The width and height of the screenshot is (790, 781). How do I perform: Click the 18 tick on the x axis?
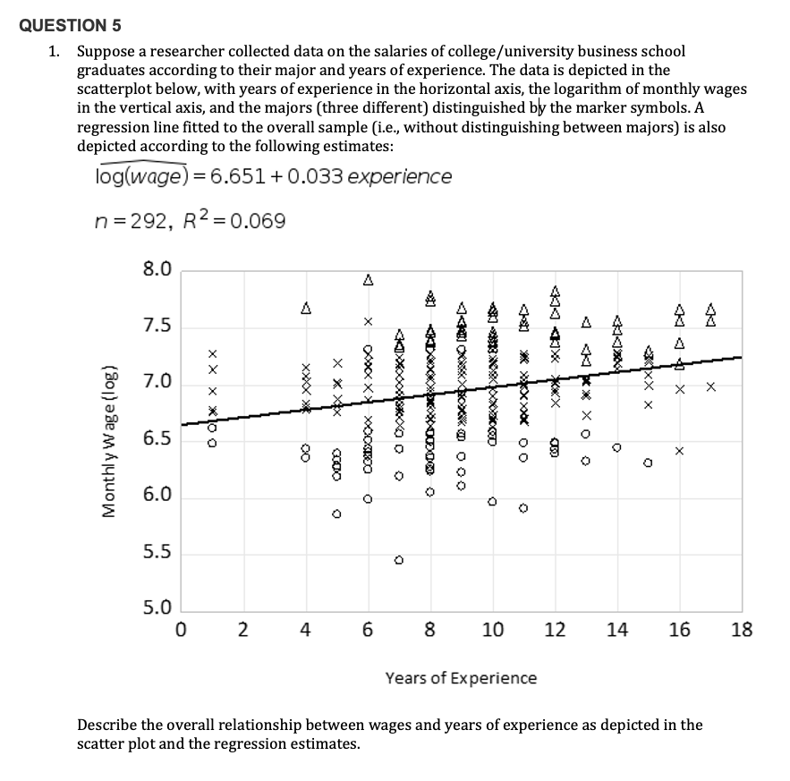[741, 630]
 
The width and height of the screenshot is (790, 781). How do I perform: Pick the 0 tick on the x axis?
[181, 630]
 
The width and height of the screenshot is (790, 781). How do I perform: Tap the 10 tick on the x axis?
[492, 630]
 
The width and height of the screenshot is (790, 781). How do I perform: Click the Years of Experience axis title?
[461, 677]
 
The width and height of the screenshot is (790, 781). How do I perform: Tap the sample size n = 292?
[133, 221]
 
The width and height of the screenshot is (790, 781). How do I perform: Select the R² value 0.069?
[259, 221]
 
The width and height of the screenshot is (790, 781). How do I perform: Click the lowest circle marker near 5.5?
[399, 561]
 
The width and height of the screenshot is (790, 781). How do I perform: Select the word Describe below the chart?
[108, 725]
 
